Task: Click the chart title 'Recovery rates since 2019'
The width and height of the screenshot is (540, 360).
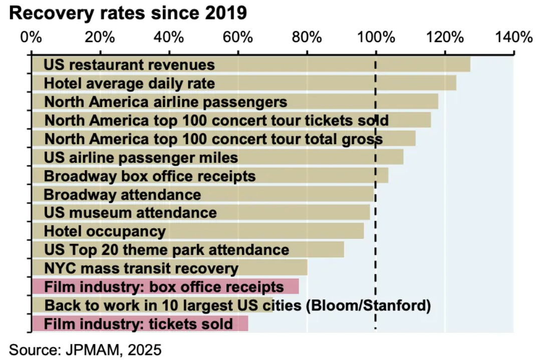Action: pyautogui.click(x=128, y=14)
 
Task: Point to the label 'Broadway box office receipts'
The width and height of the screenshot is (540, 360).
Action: pyautogui.click(x=150, y=176)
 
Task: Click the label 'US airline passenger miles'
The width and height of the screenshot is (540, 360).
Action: pyautogui.click(x=141, y=158)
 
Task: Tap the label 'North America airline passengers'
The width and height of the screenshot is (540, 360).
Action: pyautogui.click(x=166, y=102)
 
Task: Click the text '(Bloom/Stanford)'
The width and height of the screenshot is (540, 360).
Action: pyautogui.click(x=368, y=305)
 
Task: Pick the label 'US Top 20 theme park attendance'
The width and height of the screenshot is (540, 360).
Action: pyautogui.click(x=166, y=250)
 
